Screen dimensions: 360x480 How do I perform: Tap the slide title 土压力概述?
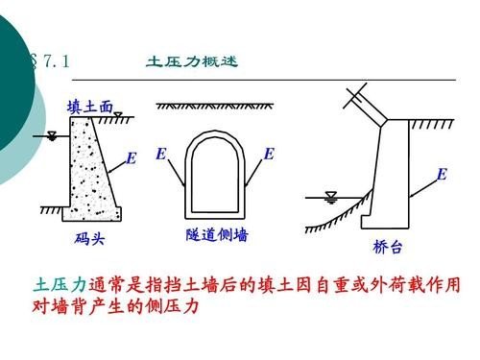(191, 61)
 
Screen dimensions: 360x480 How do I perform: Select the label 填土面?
(89, 107)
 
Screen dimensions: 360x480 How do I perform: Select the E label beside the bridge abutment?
(441, 174)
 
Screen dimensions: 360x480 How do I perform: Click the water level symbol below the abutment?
(332, 197)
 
